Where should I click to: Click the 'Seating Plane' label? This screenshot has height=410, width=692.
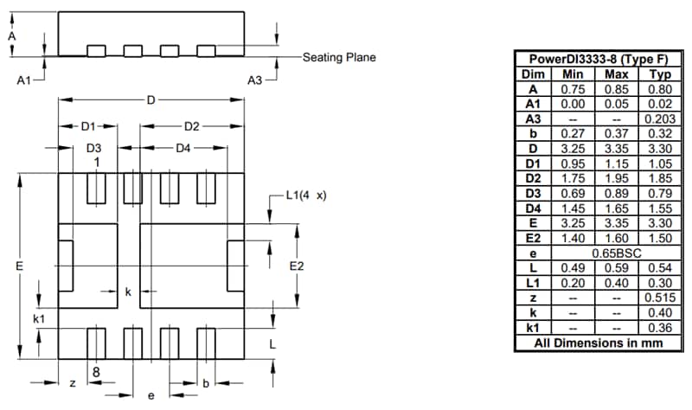(339, 58)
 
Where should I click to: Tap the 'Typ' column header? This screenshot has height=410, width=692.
(655, 74)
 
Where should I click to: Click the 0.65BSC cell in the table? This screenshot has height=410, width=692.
(614, 253)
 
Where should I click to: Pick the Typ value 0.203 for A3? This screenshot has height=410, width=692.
(655, 119)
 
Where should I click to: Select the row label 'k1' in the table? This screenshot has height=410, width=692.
(533, 328)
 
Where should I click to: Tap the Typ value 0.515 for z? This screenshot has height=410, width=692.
(655, 298)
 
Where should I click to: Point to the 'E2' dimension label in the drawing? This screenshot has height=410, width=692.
(296, 266)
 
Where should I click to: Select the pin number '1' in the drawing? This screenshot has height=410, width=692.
(97, 162)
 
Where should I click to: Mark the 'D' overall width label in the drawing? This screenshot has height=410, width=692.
(151, 101)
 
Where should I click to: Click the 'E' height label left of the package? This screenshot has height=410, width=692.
(18, 266)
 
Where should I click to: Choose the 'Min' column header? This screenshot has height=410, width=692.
(573, 74)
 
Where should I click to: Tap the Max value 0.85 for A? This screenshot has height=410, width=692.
(614, 88)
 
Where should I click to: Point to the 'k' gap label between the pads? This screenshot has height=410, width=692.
(128, 292)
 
